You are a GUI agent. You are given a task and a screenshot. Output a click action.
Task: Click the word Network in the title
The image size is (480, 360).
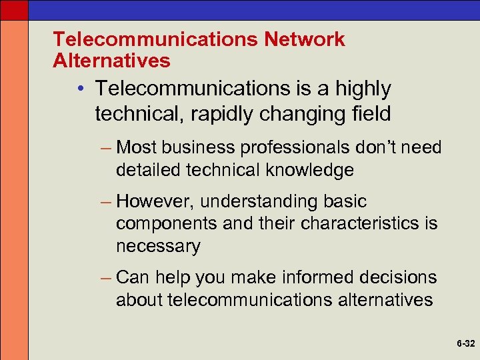coord(305,39)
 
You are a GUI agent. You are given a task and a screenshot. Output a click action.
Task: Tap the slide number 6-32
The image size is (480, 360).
coord(465,344)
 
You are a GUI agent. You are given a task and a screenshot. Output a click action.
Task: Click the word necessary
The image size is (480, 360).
coord(158,246)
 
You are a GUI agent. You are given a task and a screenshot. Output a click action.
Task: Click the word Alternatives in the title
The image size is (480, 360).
coord(111,61)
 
